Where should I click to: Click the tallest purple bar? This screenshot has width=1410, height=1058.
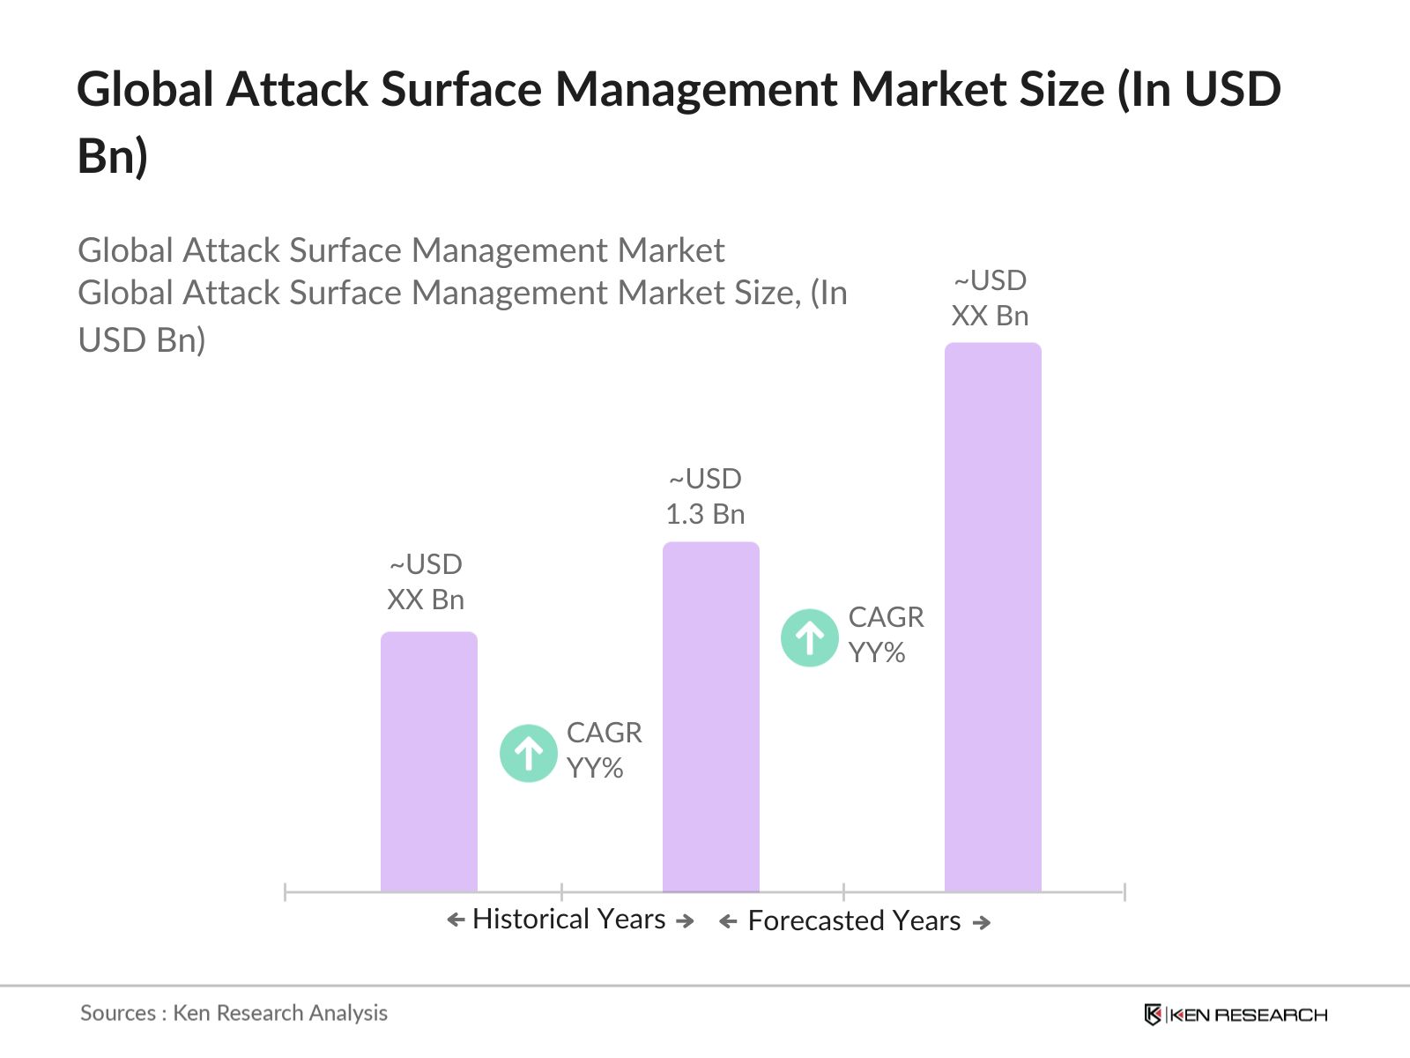pos(992,617)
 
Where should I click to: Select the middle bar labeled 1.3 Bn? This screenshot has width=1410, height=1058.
pos(710,716)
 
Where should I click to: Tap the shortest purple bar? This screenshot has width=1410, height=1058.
pos(428,762)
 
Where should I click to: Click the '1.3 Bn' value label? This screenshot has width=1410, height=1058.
pos(705,514)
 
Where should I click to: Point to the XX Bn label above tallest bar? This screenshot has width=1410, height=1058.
pos(990,316)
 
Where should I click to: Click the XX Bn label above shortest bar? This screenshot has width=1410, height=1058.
pos(426,600)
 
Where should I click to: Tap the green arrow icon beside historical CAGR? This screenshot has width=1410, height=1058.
pos(529,753)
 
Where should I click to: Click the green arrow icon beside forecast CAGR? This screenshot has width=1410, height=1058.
pos(809,637)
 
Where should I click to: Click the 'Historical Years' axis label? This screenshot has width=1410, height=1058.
pos(568,919)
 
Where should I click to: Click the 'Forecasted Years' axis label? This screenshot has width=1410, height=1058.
pos(854,920)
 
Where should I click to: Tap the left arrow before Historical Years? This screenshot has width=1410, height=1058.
pos(456,920)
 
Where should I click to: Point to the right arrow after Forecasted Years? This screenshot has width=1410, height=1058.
pos(982,922)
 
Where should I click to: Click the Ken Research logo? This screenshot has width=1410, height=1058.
pos(1236,1015)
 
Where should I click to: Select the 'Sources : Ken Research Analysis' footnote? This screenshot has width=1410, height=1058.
pos(234,1013)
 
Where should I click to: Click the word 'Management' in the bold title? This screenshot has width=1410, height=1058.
pos(696,90)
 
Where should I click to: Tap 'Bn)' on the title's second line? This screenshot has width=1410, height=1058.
pos(112,156)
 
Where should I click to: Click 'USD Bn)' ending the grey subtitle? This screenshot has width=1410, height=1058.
pos(142,340)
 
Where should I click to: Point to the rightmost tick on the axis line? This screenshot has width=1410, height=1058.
pos(1124,891)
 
